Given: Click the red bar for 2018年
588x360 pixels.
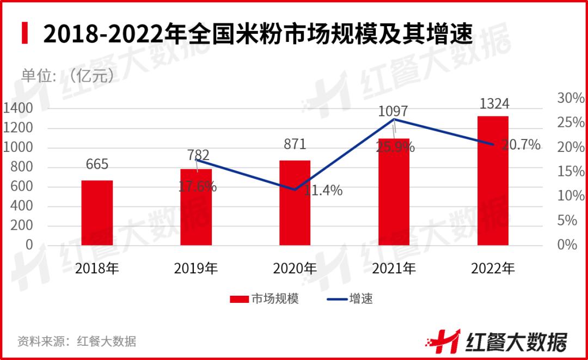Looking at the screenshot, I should [97, 212].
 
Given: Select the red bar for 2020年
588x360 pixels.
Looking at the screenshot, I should [295, 203].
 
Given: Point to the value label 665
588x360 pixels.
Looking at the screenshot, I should [97, 164].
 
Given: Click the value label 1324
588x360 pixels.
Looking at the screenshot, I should [493, 103].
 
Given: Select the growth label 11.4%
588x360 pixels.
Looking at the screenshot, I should [323, 191].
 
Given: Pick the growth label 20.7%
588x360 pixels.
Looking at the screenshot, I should [521, 145].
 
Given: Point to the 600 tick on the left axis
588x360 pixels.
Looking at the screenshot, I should [22, 187].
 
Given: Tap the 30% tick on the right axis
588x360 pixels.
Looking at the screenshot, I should [570, 99].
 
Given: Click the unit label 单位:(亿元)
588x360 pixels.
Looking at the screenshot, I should [68, 76].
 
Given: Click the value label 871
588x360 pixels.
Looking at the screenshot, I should [295, 144].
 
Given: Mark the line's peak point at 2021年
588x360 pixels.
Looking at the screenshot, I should [394, 119].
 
